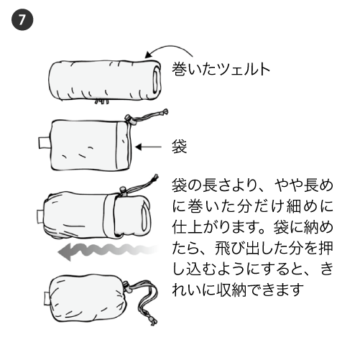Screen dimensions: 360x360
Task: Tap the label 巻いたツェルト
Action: click(221, 70)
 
